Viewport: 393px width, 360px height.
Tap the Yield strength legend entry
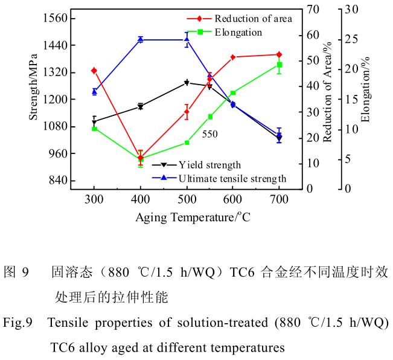tap(209, 164)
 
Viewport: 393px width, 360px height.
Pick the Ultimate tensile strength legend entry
tap(232, 178)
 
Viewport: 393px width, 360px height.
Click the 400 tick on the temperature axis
tap(140, 200)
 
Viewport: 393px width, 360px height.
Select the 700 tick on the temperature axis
tap(279, 200)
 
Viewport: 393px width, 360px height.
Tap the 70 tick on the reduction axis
tap(312, 10)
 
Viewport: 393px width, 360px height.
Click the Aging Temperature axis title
tap(193, 217)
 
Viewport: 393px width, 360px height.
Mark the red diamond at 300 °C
tap(94, 71)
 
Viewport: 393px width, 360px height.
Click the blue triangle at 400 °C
tap(140, 39)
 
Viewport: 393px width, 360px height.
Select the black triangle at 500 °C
tap(187, 83)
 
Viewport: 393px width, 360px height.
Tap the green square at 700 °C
tap(279, 65)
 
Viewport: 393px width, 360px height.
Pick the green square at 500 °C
tap(187, 143)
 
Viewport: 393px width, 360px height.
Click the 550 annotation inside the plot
tap(209, 134)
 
